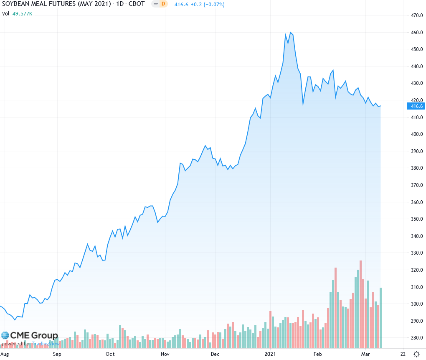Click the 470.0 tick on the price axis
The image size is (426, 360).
click(417, 15)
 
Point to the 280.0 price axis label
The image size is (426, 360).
click(417, 338)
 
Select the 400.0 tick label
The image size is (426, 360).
click(417, 134)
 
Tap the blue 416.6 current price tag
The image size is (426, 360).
click(417, 106)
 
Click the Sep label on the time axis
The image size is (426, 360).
click(57, 354)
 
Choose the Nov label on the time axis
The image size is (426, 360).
click(165, 354)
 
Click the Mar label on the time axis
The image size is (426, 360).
click(365, 354)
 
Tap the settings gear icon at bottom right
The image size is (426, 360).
click(416, 354)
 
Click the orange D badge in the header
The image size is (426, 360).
click(162, 4)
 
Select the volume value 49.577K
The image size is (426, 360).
click(22, 13)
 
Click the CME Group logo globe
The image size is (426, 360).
click(5, 335)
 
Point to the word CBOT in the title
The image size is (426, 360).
click(136, 4)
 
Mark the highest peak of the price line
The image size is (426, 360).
click(290, 32)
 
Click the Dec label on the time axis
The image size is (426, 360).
click(215, 354)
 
